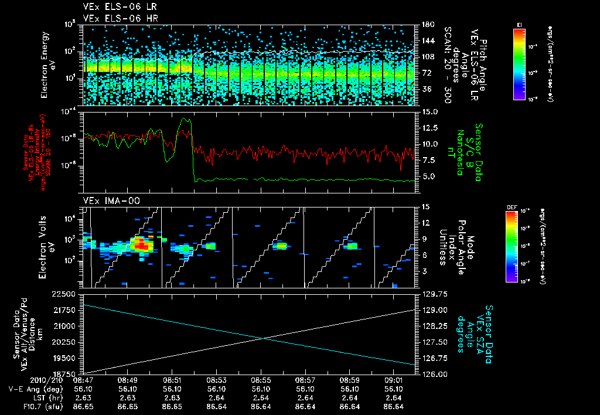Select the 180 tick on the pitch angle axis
(x=427, y=25)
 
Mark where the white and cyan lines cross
(x=264, y=338)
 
